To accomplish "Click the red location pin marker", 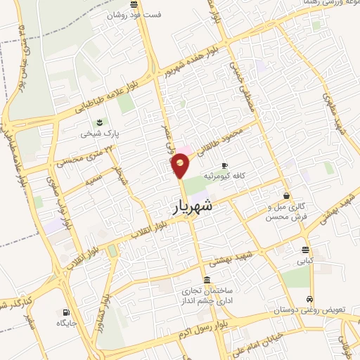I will pyautogui.click(x=180, y=165).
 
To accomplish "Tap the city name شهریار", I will pyautogui.click(x=192, y=209).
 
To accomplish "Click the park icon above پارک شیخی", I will pyautogui.click(x=99, y=122).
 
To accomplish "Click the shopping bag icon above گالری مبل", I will pyautogui.click(x=286, y=195).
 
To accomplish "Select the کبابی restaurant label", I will pyautogui.click(x=304, y=261).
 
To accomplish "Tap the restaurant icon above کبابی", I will pyautogui.click(x=305, y=250).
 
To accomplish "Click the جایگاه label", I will pyautogui.click(x=68, y=323).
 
